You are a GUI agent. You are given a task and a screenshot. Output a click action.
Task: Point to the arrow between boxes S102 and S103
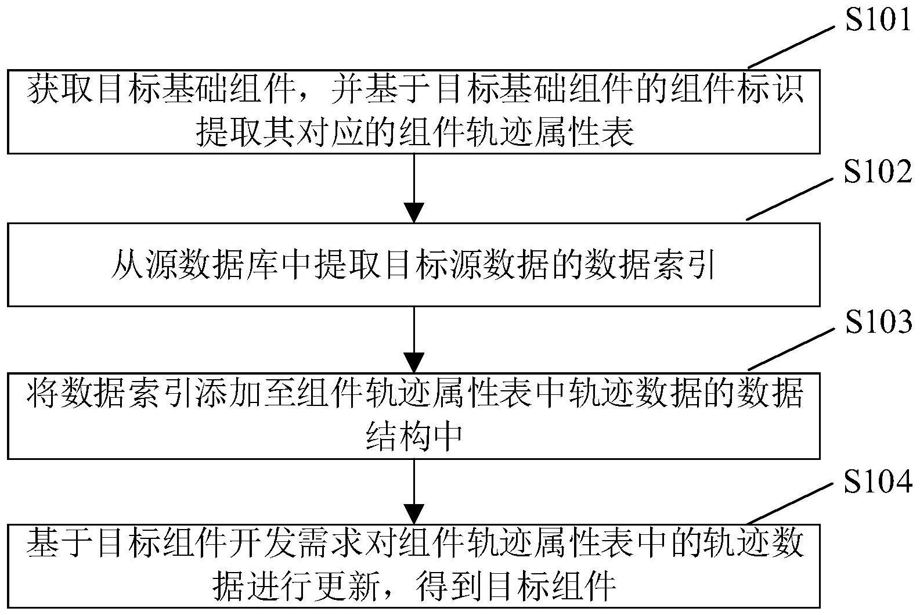coord(414,339)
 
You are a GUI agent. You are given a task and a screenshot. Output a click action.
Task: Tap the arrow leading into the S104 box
coord(414,491)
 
